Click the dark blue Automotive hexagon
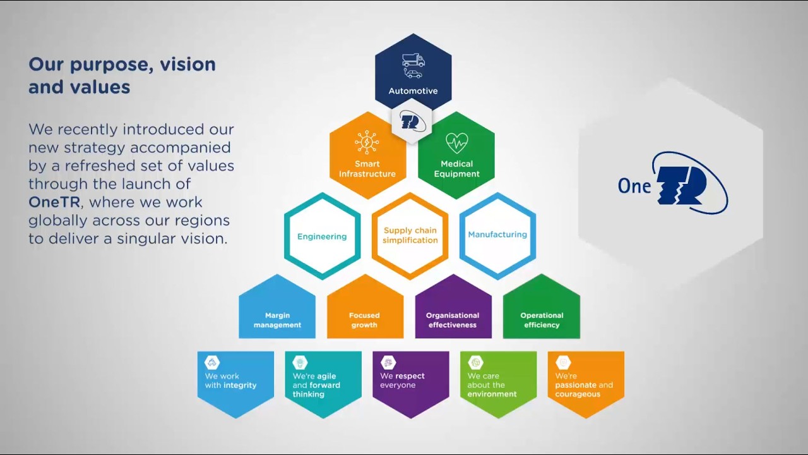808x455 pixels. [x=413, y=73]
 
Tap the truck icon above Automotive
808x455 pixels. [x=413, y=60]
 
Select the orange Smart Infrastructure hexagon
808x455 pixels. [x=367, y=155]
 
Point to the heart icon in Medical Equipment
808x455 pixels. [x=456, y=142]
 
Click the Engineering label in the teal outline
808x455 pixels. [x=322, y=236]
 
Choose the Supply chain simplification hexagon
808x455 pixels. [x=410, y=236]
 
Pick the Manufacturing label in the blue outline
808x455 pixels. [x=497, y=234]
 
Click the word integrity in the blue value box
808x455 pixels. [x=240, y=385]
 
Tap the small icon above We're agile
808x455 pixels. [x=300, y=362]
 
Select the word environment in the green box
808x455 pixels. [x=492, y=394]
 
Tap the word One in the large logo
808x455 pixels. [x=634, y=186]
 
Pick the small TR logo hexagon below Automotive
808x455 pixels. [x=412, y=121]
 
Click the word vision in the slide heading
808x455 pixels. [x=187, y=64]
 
